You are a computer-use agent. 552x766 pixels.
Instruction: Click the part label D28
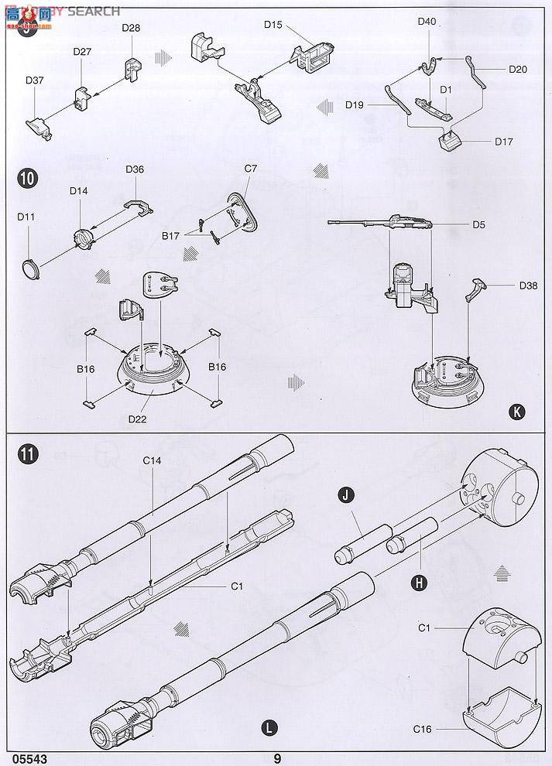[131, 28]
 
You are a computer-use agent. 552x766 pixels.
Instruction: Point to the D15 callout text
[273, 25]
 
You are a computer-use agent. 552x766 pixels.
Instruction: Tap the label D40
[427, 22]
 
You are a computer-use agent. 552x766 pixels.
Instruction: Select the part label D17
[504, 142]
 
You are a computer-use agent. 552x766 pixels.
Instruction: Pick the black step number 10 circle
[27, 178]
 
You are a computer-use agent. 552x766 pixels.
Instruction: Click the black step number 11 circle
[27, 455]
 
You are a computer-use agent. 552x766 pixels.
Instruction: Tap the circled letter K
[516, 412]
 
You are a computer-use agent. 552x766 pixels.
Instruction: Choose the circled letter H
[419, 583]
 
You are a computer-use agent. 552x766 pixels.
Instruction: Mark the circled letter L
[269, 727]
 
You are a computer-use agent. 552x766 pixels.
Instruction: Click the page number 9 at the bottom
[277, 758]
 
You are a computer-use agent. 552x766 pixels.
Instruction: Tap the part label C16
[422, 729]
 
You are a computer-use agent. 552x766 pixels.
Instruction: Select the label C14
[152, 460]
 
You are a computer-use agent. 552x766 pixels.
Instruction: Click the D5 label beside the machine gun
[478, 225]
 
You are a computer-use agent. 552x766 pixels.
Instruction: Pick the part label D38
[529, 286]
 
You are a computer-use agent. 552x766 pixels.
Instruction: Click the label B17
[170, 234]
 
